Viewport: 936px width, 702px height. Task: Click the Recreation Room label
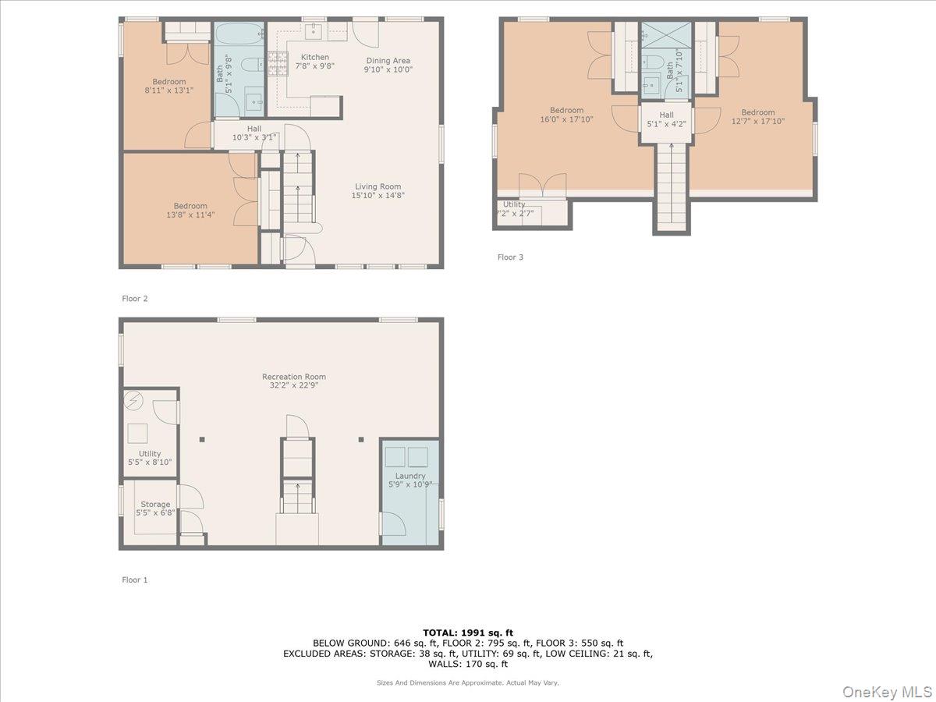point(293,381)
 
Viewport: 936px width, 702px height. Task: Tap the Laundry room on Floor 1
point(409,480)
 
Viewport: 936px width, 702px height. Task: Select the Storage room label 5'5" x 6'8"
point(155,509)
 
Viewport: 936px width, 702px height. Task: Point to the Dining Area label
point(388,65)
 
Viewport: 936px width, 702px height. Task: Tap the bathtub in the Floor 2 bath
point(239,36)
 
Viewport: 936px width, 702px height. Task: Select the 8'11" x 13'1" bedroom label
point(168,86)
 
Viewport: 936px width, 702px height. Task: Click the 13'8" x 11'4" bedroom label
point(190,211)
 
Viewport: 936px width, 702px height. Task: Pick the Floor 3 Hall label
point(666,119)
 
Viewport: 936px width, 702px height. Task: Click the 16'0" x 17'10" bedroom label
point(566,115)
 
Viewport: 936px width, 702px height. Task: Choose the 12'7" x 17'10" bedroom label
point(757,116)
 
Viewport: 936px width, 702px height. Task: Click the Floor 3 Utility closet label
point(514,208)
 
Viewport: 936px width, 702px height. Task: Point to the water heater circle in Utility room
point(134,400)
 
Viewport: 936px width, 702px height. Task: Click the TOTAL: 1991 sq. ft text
point(468,633)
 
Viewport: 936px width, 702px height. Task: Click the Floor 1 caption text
point(134,580)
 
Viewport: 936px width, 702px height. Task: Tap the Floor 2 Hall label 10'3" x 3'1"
point(254,133)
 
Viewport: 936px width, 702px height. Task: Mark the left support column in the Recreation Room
point(201,440)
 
